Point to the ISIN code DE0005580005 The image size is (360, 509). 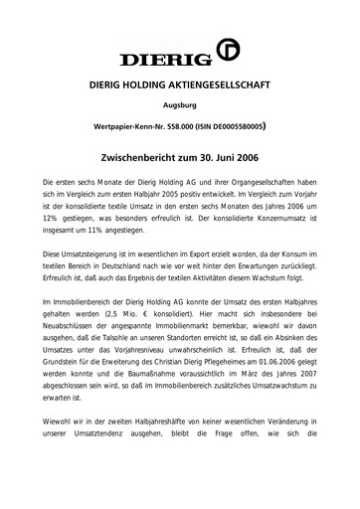pos(252,128)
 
